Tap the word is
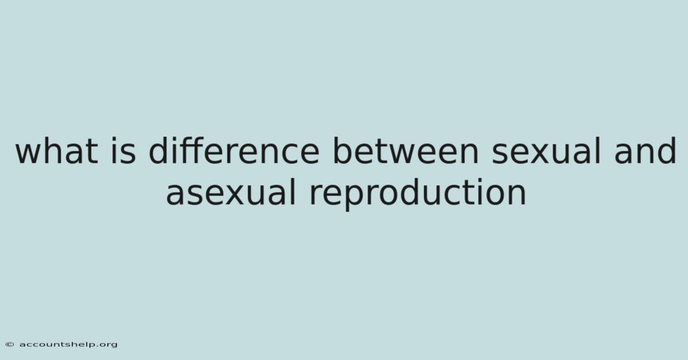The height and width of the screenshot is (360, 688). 123,150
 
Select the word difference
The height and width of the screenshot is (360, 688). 234,150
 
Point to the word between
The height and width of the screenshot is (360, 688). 406,150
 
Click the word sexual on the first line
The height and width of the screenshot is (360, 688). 546,150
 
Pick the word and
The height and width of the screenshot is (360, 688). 644,150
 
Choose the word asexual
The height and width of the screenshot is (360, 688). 230,191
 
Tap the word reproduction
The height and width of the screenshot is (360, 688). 418,194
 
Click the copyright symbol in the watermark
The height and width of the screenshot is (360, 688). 10,345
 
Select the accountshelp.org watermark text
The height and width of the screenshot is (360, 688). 68,345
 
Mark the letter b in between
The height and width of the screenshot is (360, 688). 342,150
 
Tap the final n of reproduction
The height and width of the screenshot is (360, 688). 518,195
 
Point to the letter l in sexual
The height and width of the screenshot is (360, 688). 599,150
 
